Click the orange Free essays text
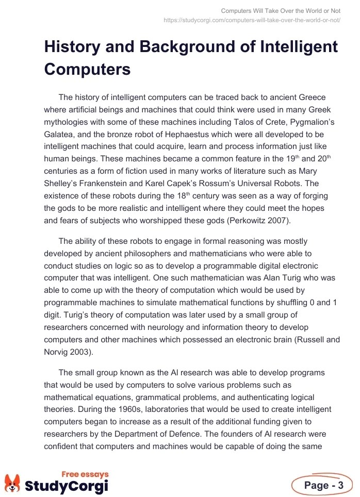coord(85,474)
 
